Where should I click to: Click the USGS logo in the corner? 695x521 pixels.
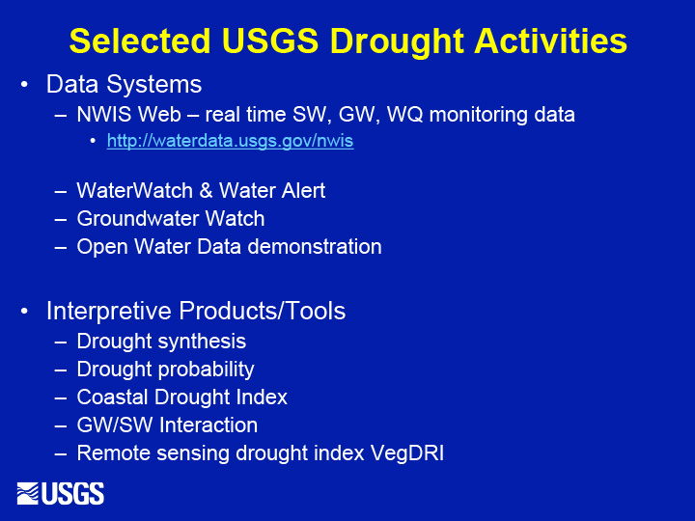[61, 493]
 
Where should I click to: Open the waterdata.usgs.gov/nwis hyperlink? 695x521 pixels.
[230, 142]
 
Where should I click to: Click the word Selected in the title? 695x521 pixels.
[138, 41]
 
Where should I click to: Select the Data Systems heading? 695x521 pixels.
[124, 85]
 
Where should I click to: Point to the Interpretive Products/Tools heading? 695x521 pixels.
[196, 311]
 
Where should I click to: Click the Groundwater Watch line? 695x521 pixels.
[171, 219]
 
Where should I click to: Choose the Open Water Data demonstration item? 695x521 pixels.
[229, 247]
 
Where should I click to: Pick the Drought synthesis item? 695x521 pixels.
[161, 342]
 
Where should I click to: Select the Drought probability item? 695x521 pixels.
[165, 370]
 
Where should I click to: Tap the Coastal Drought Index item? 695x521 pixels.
[181, 398]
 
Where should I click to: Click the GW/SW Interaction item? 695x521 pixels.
[167, 425]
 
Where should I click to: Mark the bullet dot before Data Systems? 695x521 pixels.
[25, 86]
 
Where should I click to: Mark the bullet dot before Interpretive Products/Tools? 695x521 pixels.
[25, 312]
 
